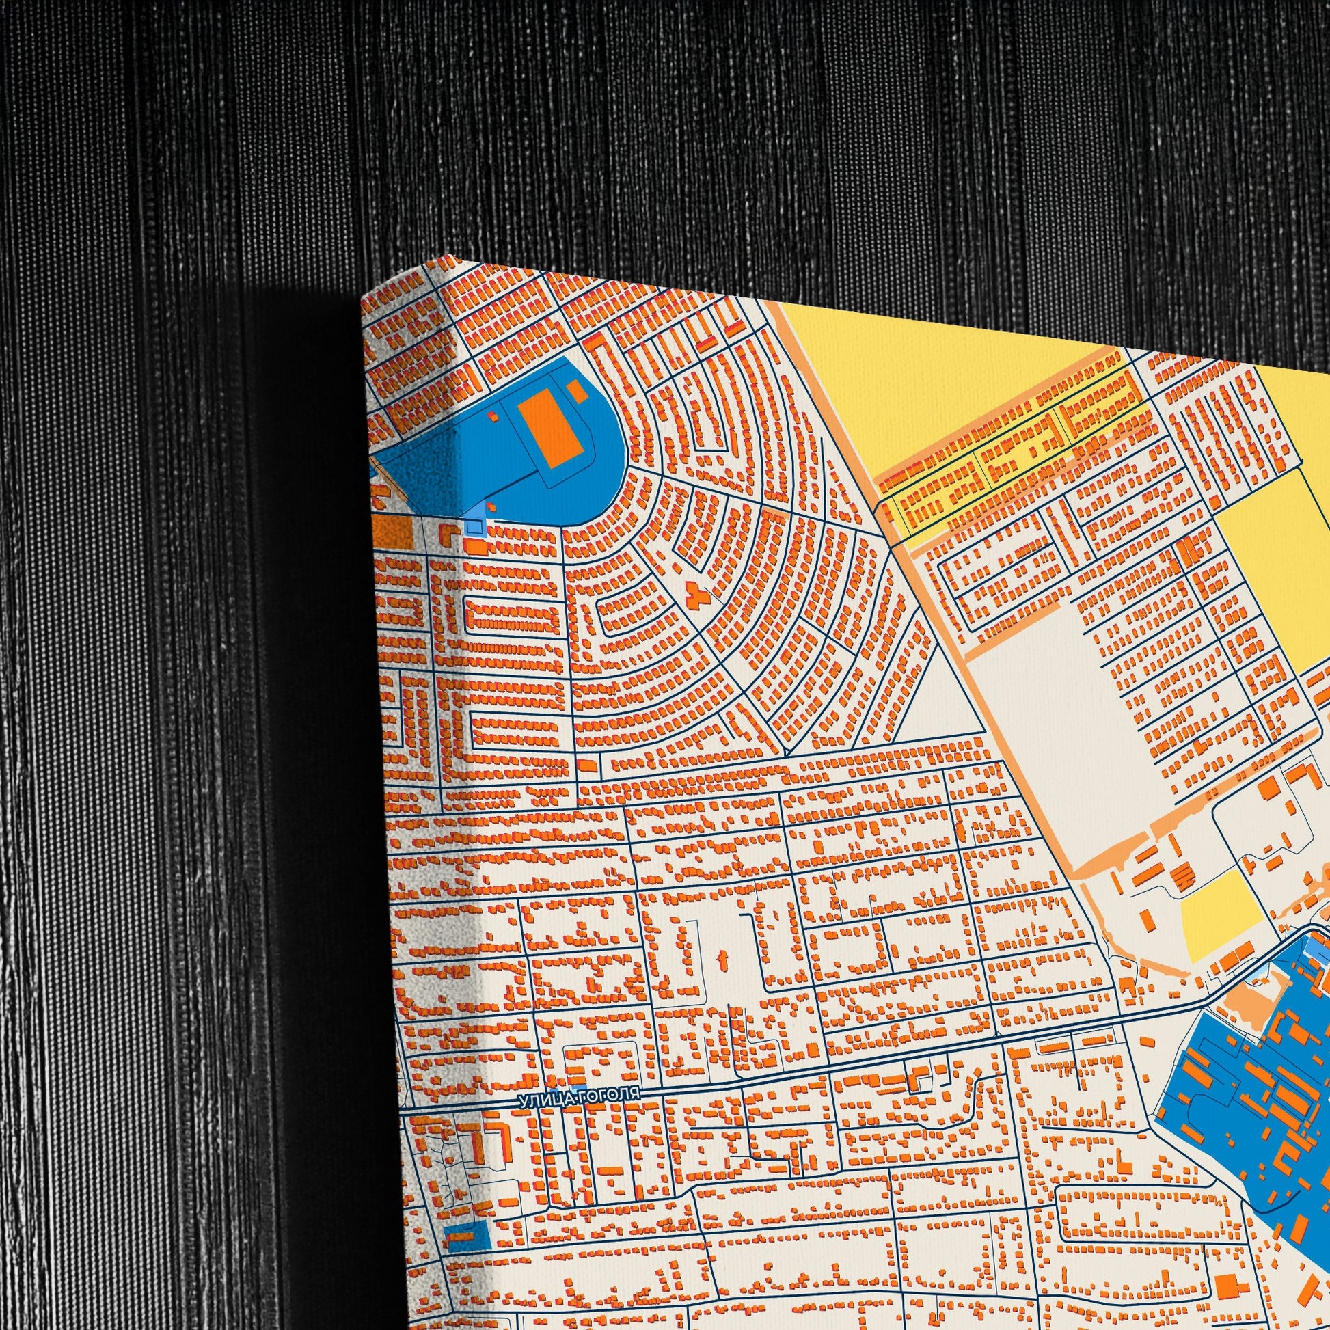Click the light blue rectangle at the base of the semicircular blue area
click(474, 526)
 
